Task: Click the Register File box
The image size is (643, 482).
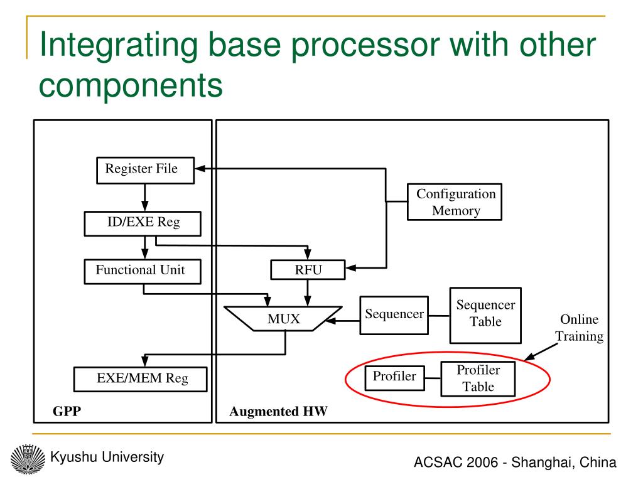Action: [145, 170]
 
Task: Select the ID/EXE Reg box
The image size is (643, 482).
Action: [143, 223]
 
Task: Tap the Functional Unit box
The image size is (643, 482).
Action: [143, 271]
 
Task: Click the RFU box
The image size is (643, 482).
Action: [308, 270]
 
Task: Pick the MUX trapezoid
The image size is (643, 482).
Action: [283, 318]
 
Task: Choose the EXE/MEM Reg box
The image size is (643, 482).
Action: [140, 379]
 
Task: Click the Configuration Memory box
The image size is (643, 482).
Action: [455, 202]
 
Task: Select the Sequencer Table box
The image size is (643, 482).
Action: [485, 315]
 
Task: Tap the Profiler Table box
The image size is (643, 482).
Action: [478, 378]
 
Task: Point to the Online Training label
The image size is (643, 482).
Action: [579, 328]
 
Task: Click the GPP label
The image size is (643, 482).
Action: [67, 411]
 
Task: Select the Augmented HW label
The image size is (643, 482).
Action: [278, 411]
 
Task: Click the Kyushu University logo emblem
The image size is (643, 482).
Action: [28, 459]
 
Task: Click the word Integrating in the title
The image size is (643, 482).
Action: [119, 46]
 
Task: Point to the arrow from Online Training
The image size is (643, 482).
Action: [541, 352]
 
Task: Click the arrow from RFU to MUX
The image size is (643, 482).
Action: [308, 292]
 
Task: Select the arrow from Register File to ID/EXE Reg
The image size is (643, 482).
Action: [145, 198]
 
